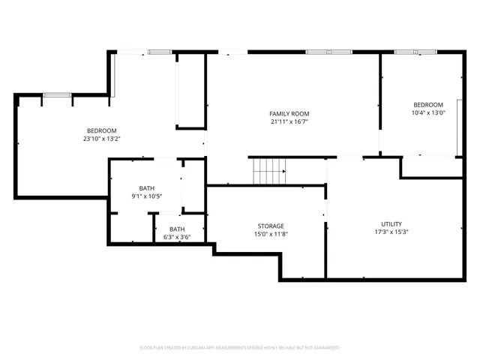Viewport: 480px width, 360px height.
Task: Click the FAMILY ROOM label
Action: point(289,113)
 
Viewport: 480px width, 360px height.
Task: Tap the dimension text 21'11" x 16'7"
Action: point(289,121)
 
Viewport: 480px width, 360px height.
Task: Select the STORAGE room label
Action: point(271,226)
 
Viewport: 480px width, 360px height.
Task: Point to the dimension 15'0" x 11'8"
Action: point(271,234)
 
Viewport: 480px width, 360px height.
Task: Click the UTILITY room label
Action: point(391,223)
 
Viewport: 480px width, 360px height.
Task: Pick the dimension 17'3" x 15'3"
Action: point(391,232)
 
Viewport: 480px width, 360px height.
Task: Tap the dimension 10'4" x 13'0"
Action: point(428,112)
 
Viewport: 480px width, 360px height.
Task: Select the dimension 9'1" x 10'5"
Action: point(146,196)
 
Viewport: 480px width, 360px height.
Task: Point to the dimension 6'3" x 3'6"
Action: point(177,237)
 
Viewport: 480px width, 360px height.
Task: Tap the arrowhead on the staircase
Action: point(283,171)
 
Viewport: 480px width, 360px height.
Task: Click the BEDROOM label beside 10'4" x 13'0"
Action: point(428,104)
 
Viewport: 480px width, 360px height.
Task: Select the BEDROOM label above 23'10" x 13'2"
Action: point(101,130)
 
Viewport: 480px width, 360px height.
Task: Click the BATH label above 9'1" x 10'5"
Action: point(146,188)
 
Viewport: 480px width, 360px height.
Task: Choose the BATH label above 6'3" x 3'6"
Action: point(177,229)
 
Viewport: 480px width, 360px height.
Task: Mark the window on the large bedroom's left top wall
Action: point(56,94)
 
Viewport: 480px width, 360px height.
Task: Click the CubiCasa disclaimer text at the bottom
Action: point(240,347)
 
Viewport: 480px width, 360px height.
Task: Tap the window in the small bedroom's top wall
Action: point(415,52)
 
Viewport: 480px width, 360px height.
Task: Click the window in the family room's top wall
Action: point(328,52)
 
